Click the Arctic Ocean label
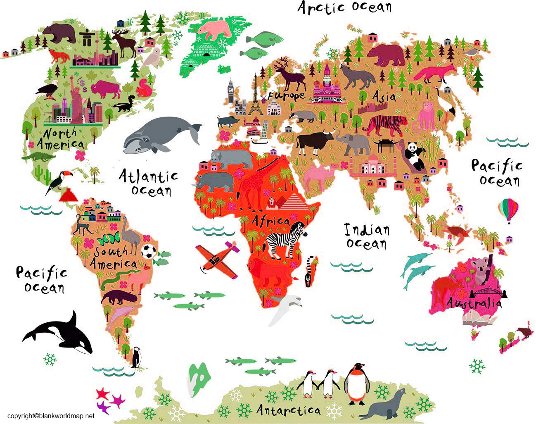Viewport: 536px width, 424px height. tap(345, 7)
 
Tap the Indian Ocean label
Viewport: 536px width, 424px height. tap(367, 236)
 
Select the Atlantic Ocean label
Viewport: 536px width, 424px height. tap(149, 183)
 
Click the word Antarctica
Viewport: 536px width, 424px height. tap(288, 410)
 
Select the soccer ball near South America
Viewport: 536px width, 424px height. tap(148, 251)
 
